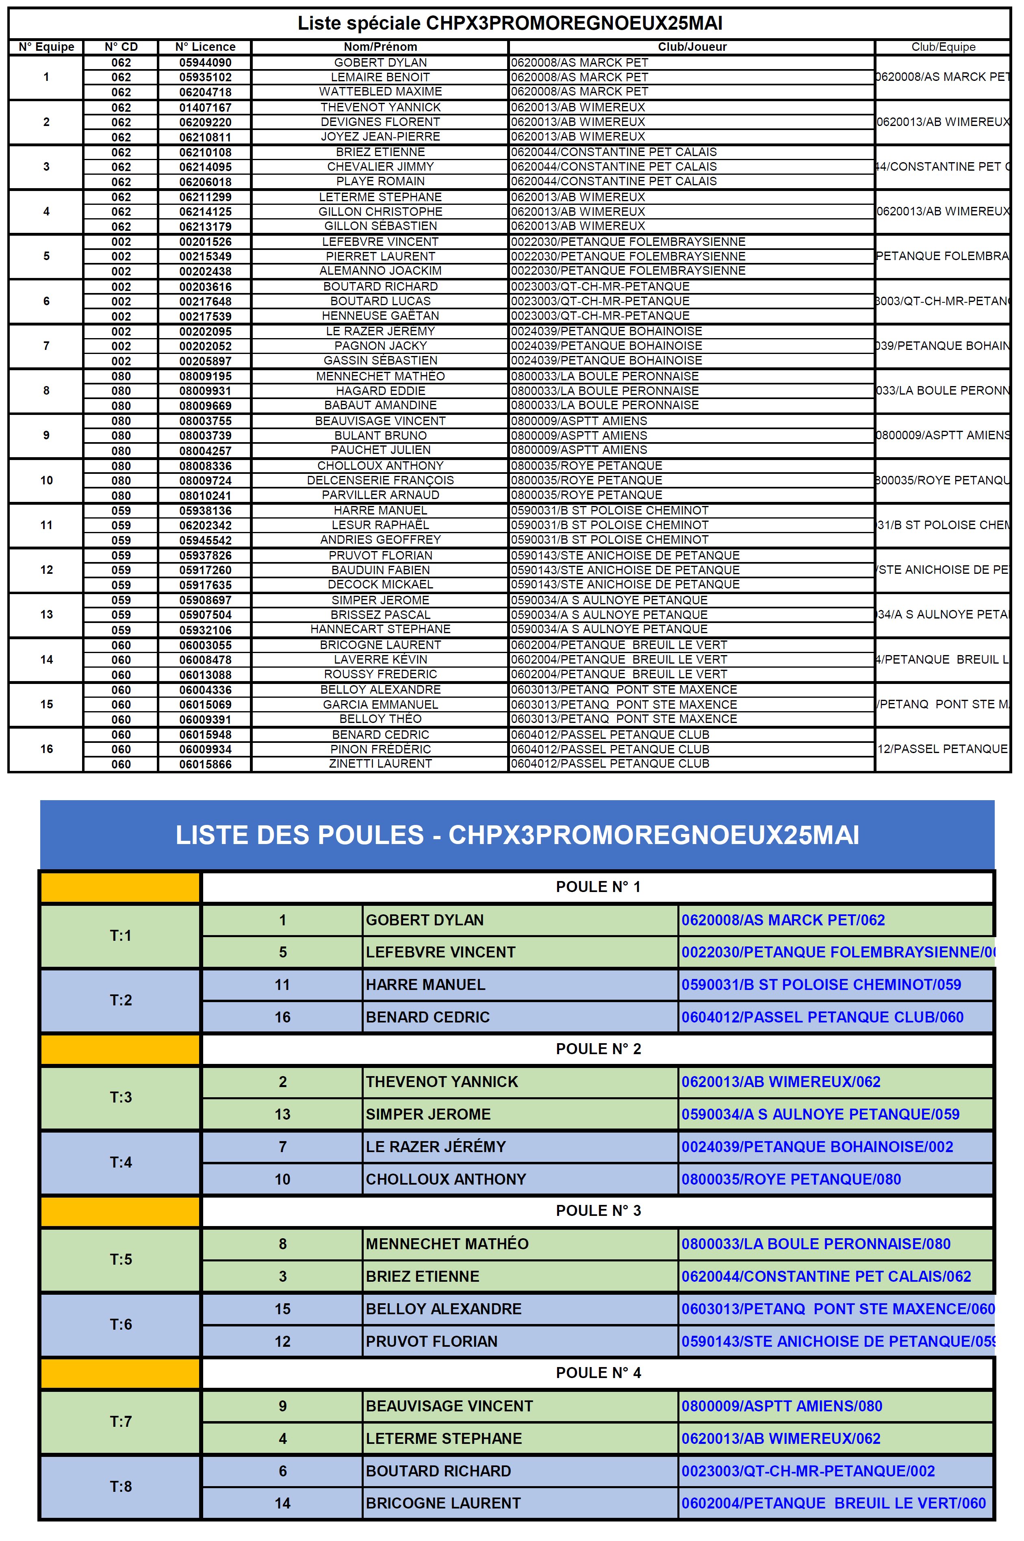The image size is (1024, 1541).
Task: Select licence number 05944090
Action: pyautogui.click(x=205, y=63)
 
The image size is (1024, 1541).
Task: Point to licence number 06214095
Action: pyautogui.click(x=205, y=167)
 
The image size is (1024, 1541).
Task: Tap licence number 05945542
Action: pyautogui.click(x=205, y=540)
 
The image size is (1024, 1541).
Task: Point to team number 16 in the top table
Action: pyautogui.click(x=46, y=749)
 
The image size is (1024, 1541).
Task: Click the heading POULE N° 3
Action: pyautogui.click(x=598, y=1211)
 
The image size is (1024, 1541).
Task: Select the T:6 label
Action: pyautogui.click(x=121, y=1324)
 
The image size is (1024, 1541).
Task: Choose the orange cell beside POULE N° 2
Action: pyautogui.click(x=121, y=1049)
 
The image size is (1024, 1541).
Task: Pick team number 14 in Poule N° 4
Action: pyautogui.click(x=282, y=1503)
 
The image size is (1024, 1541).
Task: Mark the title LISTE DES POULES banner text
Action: pyautogui.click(x=517, y=835)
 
